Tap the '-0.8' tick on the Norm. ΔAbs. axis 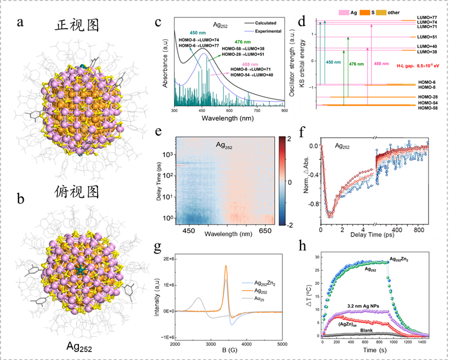click(x=309, y=202)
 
